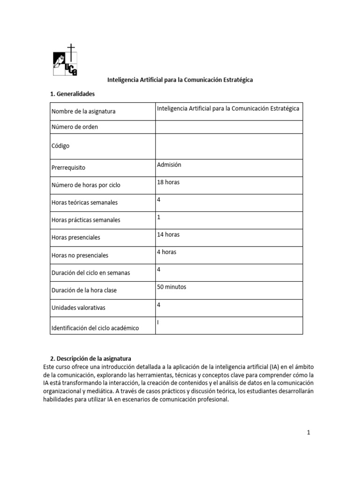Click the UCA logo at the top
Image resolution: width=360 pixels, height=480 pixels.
pos(65,60)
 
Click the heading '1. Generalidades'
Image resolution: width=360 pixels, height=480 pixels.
pos(72,94)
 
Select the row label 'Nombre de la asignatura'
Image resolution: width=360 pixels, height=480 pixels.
pos(83,112)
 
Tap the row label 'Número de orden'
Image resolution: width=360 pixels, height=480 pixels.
pos(75,127)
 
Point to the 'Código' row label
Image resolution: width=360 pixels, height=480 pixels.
pos(60,146)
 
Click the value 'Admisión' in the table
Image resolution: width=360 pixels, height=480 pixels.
pos(169,165)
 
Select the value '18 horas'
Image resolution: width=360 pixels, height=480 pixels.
pos(168,182)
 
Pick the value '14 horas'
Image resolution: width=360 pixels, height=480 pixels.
pos(168,234)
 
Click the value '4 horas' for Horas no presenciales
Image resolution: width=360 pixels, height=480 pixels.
pos(166,252)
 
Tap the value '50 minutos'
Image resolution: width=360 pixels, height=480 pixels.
pos(172,287)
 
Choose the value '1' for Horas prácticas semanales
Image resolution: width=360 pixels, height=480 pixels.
pos(159,217)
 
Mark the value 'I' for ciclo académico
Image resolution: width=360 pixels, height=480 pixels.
pos(158,322)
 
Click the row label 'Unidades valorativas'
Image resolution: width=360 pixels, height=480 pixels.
pos(78,307)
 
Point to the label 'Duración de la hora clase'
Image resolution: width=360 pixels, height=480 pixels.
pos(84,290)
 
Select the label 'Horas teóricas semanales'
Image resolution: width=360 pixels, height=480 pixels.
pos(84,202)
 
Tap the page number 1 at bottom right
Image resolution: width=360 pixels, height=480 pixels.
pos(308,433)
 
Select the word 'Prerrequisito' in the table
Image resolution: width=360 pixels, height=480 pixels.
pos(68,167)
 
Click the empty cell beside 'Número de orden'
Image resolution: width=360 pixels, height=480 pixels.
pos(228,127)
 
